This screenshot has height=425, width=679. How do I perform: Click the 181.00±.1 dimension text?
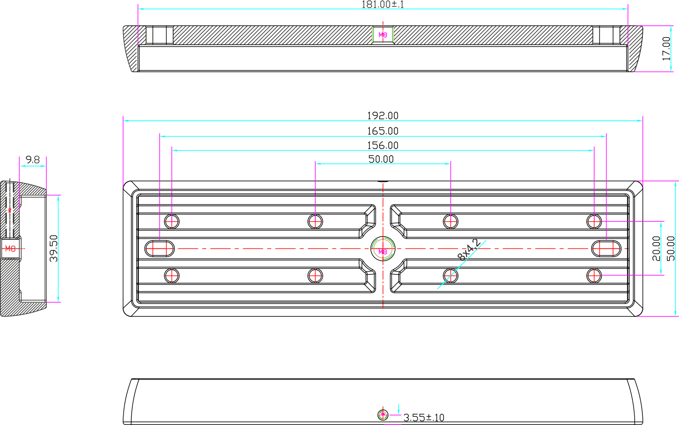coord(383,5)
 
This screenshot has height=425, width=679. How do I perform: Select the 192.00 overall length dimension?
coord(383,116)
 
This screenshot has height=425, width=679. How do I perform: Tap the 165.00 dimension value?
coord(383,131)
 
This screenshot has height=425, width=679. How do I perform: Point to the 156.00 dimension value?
coord(383,146)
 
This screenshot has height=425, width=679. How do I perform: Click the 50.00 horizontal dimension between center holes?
coord(381,159)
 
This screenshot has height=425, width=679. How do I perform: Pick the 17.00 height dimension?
coord(666,48)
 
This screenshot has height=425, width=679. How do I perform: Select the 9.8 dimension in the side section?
coord(33,160)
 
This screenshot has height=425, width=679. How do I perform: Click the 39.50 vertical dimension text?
coord(54,248)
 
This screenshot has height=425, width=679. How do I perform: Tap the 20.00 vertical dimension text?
coord(657,248)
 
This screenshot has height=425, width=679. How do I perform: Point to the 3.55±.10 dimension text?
coord(424,418)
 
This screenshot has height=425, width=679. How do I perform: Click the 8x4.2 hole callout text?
coord(469,250)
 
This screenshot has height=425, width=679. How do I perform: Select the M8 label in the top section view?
coord(383,35)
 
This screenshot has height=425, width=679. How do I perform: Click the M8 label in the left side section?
coord(10,248)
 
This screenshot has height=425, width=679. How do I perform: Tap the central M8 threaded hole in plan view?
coord(383,249)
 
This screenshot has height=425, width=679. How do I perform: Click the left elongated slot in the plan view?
coord(160,248)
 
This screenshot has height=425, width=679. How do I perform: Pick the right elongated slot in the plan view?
coord(607,248)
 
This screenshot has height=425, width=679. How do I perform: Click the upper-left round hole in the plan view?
coord(172,221)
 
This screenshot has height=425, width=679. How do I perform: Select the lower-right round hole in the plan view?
coord(594,275)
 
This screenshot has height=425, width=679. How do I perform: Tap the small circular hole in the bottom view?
coord(383,414)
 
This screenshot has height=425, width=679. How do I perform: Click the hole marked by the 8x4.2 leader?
coord(450,275)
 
